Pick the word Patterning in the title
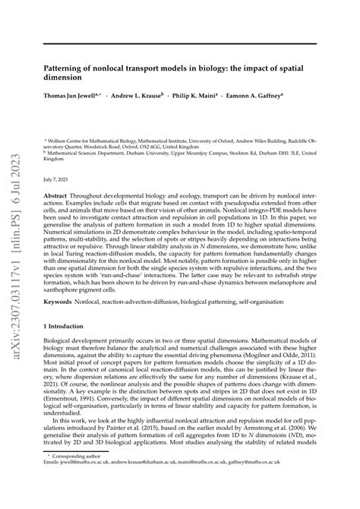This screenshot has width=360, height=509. coord(66,67)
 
